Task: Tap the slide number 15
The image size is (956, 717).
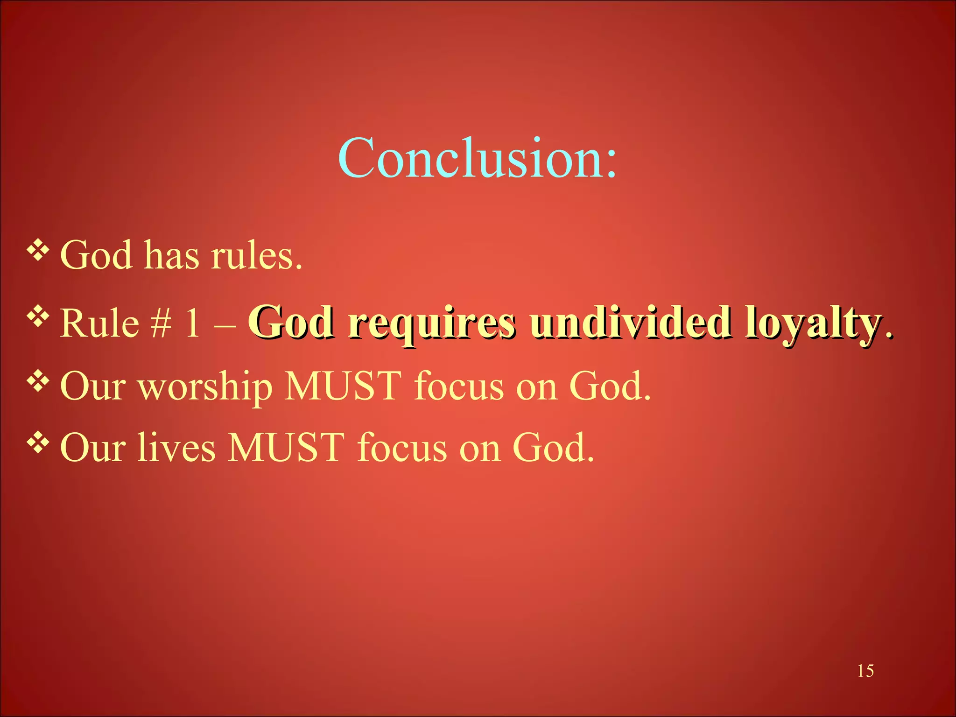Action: [865, 671]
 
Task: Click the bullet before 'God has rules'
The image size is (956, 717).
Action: [38, 251]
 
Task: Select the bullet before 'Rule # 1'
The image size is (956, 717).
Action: [38, 317]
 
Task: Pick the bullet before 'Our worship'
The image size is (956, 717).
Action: [38, 381]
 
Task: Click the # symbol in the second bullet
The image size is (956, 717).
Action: [161, 323]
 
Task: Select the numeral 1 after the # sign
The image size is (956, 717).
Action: [192, 323]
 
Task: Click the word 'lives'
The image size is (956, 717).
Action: [176, 448]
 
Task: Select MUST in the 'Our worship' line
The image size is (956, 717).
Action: [343, 386]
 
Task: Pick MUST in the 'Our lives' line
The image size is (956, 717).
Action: [286, 448]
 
